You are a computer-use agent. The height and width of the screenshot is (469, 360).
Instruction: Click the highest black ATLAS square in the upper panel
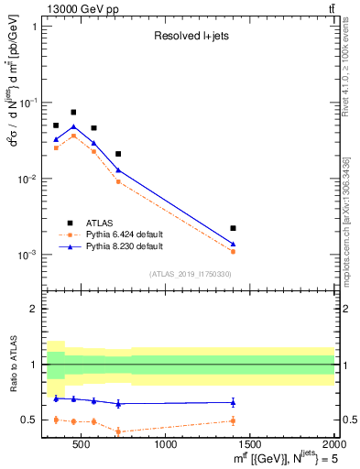point(73,113)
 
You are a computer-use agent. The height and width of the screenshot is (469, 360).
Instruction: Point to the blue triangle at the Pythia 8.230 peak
point(73,126)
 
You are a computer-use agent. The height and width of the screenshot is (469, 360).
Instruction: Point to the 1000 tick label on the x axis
point(166,444)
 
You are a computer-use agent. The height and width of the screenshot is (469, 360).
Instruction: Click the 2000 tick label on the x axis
point(333,444)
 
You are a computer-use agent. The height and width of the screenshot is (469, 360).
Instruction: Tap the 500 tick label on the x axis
point(82,444)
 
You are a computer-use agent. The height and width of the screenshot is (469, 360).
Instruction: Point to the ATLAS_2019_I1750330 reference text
point(190,274)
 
